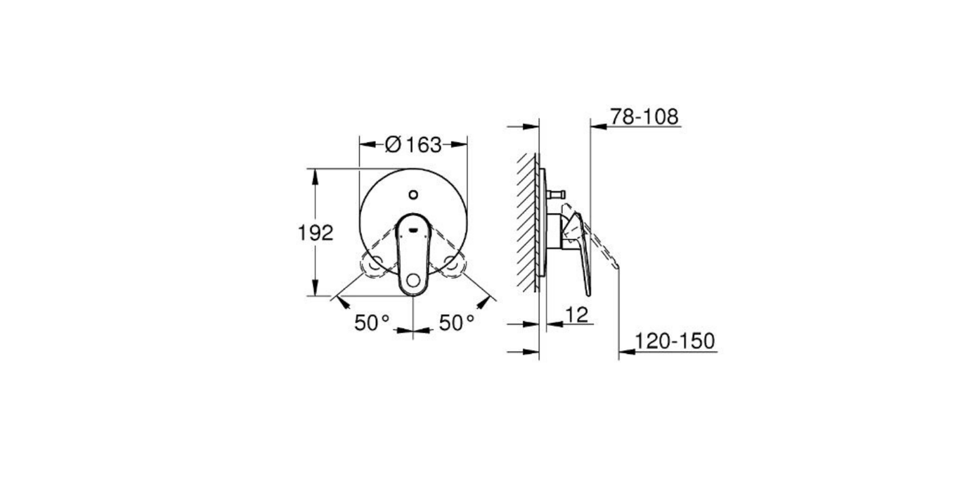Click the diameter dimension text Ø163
click(413, 145)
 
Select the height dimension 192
click(316, 233)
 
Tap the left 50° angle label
click(372, 323)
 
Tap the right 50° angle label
click(457, 323)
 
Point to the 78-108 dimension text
click(644, 117)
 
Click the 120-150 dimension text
click(675, 342)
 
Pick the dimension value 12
click(576, 314)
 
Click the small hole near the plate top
click(413, 195)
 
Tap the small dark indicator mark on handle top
click(413, 227)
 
